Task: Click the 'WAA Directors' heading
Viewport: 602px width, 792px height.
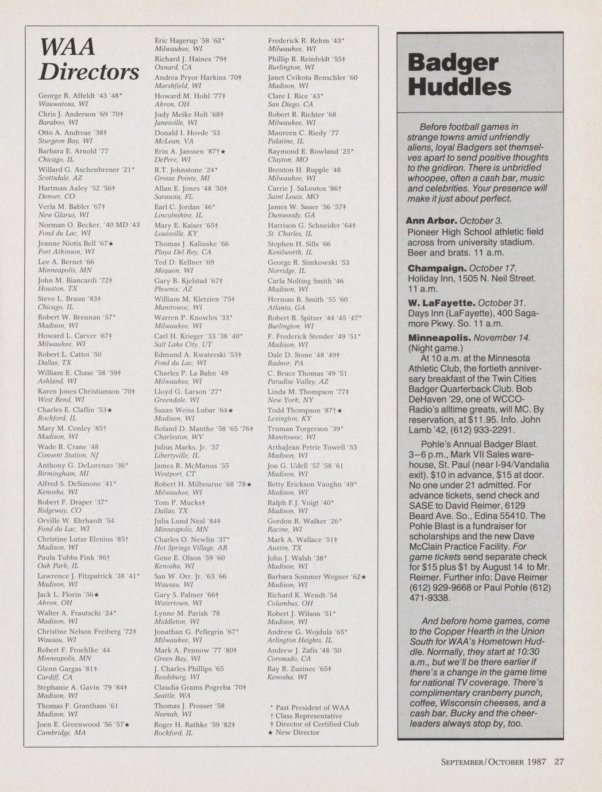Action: (x=88, y=59)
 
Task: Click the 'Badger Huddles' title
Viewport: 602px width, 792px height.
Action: (x=459, y=75)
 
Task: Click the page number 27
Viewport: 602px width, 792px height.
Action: (x=559, y=762)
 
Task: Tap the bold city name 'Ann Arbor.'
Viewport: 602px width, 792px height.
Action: (x=431, y=221)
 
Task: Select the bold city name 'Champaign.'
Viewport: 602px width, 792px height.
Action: (x=437, y=268)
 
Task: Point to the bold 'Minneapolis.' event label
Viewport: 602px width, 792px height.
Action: (x=439, y=337)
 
